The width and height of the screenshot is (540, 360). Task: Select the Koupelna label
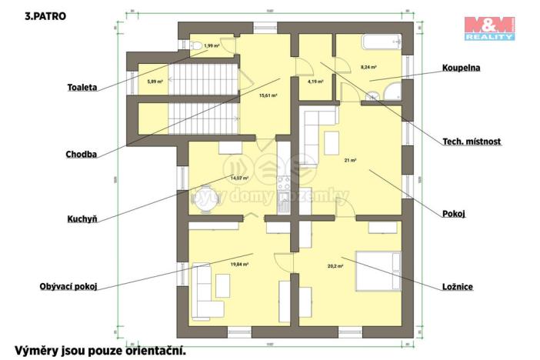point(461,68)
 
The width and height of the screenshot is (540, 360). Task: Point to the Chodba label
point(81,154)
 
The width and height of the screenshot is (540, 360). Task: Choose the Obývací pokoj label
point(68,287)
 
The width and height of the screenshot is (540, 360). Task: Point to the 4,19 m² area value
point(314,80)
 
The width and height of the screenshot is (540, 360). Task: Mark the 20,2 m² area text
point(335,265)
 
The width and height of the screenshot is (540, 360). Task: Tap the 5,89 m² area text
point(155,80)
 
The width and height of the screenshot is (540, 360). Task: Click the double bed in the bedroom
point(376,271)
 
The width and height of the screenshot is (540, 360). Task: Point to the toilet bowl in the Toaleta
point(198,46)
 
